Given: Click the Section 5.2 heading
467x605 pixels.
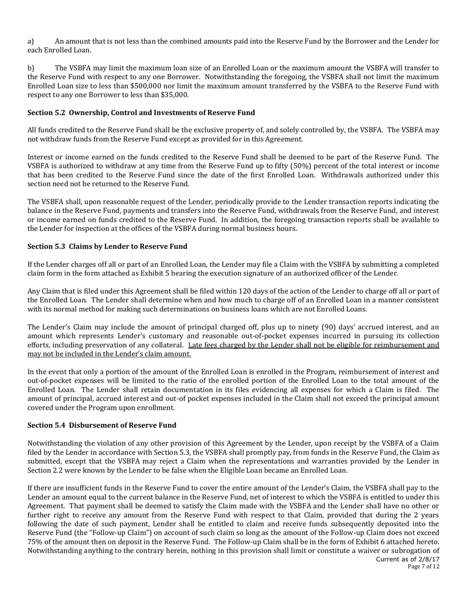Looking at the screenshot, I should pyautogui.click(x=141, y=113).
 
